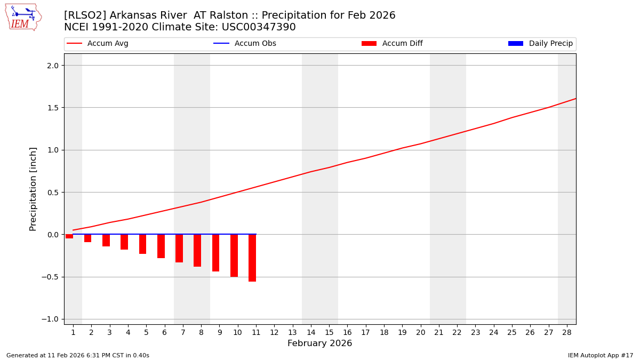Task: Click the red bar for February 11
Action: pos(252,258)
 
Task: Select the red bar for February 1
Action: pos(69,236)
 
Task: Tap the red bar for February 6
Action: pos(161,246)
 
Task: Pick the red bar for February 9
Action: pos(215,253)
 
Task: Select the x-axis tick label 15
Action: pos(329,332)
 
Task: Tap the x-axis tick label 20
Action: pos(420,332)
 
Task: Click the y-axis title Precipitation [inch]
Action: pos(33,189)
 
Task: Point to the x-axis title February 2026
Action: pos(319,343)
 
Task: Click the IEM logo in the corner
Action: pos(23,17)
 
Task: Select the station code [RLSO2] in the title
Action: pos(85,15)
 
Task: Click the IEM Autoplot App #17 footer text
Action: pos(600,355)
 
